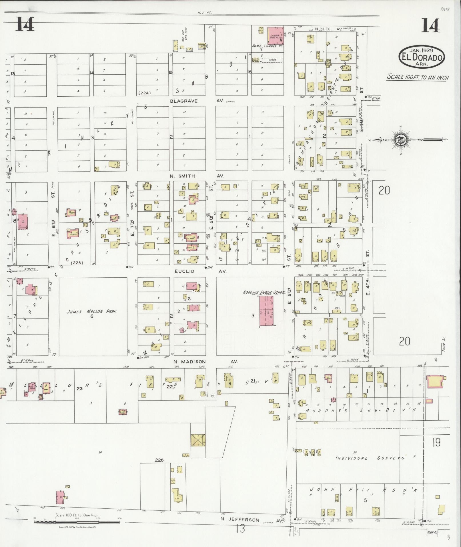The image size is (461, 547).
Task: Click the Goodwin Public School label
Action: pos(264,292)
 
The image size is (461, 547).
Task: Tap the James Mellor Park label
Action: pos(91,312)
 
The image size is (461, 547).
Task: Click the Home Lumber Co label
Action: pos(267,46)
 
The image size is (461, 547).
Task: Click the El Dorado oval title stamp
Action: pos(422,57)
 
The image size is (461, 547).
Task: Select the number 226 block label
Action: pos(159,460)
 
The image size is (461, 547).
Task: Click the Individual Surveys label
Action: pos(370,458)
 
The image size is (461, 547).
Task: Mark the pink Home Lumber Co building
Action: pos(276,35)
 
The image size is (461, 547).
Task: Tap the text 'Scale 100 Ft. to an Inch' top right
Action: pos(418,77)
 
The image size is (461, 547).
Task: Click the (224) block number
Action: pos(144,93)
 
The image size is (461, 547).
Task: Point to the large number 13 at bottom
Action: pos(241,529)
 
